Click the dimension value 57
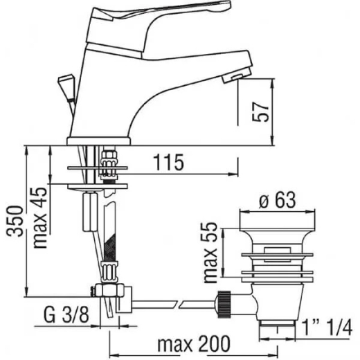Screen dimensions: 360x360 point(261,111)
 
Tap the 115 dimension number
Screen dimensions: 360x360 point(169,162)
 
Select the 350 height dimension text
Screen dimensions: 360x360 point(15,221)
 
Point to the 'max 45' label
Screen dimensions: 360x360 point(40,217)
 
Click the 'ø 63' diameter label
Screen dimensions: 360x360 point(278,200)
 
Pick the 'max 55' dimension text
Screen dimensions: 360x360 point(210,253)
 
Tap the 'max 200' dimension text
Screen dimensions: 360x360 point(194,344)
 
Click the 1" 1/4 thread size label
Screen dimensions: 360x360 point(327,327)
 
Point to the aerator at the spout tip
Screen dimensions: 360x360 point(237,75)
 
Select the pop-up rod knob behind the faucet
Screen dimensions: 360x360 point(66,86)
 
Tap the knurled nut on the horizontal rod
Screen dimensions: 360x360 point(224,304)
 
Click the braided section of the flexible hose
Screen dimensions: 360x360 point(110,248)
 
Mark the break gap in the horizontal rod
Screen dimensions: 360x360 point(178,304)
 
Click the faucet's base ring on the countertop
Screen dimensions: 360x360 point(99,141)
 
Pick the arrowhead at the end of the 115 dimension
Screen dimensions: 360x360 point(233,174)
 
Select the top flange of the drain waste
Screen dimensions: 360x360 point(278,219)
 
